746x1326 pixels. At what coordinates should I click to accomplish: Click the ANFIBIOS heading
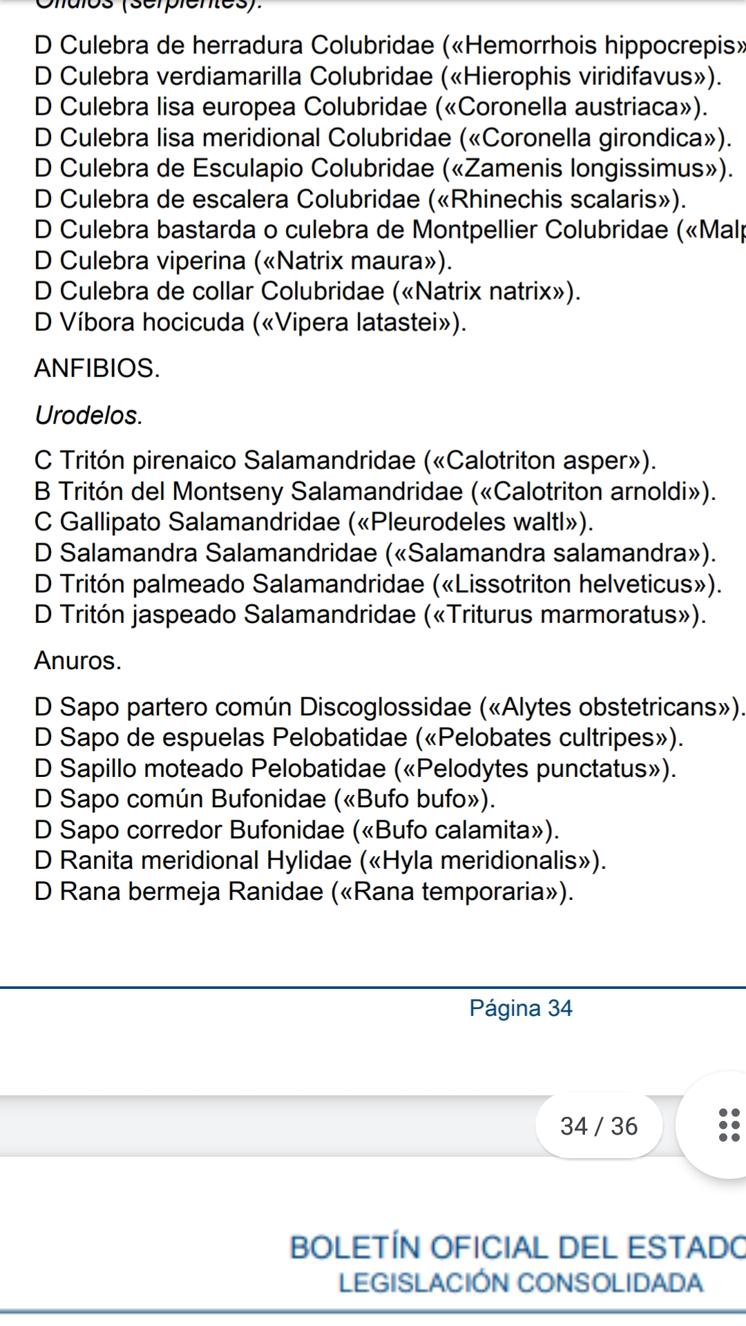click(x=97, y=368)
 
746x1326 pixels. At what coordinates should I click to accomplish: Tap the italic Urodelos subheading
click(x=88, y=415)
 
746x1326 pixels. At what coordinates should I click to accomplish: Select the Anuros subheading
click(x=77, y=661)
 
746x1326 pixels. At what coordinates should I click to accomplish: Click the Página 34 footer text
click(x=520, y=1008)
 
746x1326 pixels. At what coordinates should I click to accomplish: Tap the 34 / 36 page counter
click(x=599, y=1126)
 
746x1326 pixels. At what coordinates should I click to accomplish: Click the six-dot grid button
click(x=729, y=1125)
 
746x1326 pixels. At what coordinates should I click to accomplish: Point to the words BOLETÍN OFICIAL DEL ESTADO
click(x=517, y=1247)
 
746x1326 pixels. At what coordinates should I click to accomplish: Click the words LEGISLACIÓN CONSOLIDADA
click(x=520, y=1283)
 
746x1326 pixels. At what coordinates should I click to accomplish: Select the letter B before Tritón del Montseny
click(x=42, y=492)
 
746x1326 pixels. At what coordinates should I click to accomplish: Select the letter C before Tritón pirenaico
click(x=43, y=461)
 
